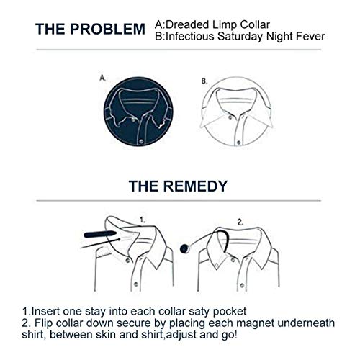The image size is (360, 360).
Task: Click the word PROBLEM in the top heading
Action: [107, 29]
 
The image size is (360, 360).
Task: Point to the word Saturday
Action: [240, 37]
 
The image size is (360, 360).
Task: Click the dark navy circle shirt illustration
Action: [138, 112]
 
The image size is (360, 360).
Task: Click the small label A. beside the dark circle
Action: [102, 78]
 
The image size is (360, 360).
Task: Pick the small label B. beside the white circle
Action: [204, 81]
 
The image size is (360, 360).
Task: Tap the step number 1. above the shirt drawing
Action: [143, 220]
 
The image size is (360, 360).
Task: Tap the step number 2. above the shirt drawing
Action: [240, 222]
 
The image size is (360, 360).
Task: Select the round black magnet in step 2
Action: [185, 248]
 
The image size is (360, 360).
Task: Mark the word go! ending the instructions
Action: [229, 336]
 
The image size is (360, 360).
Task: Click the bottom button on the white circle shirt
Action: [238, 143]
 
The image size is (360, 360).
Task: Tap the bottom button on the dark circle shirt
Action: [141, 141]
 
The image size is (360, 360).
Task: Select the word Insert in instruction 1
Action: [45, 311]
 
